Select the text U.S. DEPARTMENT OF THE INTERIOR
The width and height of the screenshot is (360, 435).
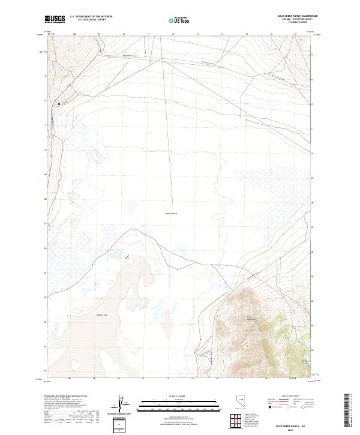[x=91, y=16]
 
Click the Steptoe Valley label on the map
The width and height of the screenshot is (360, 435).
[x=172, y=212]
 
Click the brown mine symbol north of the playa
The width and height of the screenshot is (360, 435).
[x=127, y=257]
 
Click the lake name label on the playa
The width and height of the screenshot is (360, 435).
[x=101, y=314]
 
